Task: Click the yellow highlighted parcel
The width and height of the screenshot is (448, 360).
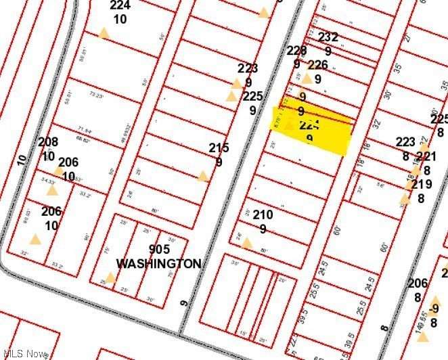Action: [x=313, y=131]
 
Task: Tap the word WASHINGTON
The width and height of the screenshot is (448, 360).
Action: [x=158, y=263]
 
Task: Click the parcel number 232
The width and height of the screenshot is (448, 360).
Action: [x=328, y=37]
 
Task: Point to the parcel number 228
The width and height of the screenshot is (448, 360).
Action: [x=296, y=50]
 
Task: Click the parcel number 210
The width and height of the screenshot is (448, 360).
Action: [x=263, y=215]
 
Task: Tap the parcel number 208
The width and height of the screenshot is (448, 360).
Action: [x=48, y=142]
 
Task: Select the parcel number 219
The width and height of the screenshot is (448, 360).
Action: [x=421, y=184]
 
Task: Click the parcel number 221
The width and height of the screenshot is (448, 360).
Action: [x=426, y=157]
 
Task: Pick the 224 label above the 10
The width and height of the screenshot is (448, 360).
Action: [x=120, y=5]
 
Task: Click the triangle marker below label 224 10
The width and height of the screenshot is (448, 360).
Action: [x=104, y=33]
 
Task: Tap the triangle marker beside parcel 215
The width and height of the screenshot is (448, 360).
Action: [x=202, y=177]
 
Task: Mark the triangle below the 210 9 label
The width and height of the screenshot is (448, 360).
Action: [x=247, y=243]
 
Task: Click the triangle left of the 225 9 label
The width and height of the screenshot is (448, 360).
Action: [x=231, y=97]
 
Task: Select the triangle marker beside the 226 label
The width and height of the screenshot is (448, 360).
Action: [x=307, y=78]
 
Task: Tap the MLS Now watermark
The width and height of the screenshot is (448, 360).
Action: [x=25, y=353]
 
